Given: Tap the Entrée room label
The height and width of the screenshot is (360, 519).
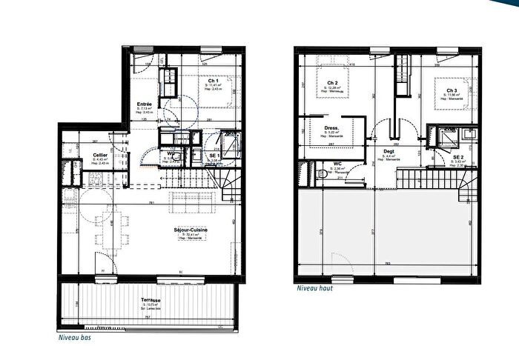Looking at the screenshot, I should click(145, 104).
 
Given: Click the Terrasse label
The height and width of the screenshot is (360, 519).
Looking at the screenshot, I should click(153, 300).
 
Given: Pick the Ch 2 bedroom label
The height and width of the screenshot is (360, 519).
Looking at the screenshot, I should click(332, 83).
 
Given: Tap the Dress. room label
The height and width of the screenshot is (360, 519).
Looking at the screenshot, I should click(331, 127).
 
